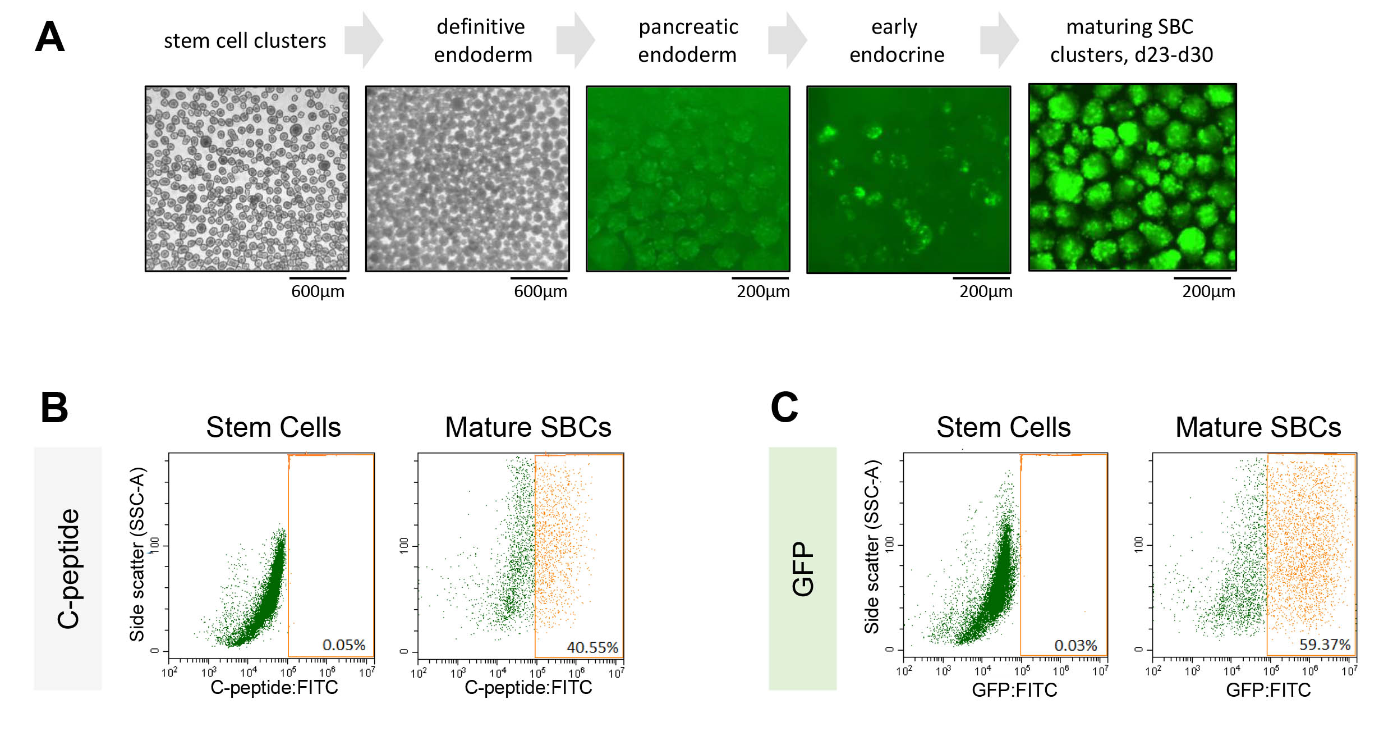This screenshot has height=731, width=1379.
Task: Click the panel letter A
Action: [49, 37]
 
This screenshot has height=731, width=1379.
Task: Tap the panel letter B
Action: [54, 408]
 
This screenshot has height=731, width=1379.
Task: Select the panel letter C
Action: [784, 408]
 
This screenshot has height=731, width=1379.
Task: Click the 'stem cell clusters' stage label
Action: [245, 40]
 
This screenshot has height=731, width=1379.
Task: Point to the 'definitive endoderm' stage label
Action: [482, 40]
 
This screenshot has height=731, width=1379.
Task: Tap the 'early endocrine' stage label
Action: [896, 40]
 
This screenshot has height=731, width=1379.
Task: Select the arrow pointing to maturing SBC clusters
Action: [1000, 40]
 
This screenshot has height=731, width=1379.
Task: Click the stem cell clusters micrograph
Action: [247, 179]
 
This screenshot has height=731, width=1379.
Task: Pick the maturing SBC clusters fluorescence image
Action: [1132, 177]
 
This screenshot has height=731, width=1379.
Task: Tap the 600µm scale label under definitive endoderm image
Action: [540, 291]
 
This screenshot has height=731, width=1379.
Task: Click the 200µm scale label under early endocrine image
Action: [986, 291]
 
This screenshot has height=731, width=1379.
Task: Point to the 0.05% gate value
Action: [344, 645]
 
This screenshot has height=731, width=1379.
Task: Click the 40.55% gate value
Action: [592, 647]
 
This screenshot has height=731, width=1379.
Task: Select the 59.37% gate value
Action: [1325, 645]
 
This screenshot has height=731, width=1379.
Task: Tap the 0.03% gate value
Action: [1075, 645]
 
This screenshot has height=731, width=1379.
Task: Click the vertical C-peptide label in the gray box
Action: [68, 568]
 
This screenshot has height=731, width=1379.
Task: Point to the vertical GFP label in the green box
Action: [803, 568]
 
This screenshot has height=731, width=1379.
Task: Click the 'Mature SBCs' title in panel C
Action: [1258, 427]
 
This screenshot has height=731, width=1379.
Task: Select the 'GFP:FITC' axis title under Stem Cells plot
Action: [1014, 689]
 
